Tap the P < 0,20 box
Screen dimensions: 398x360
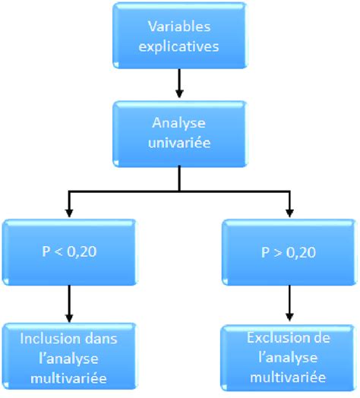(x=69, y=251)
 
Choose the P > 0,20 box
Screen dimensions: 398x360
(x=289, y=251)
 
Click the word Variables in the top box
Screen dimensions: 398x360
(x=179, y=26)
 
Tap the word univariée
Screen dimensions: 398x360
(x=179, y=143)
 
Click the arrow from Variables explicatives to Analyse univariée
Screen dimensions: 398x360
(x=179, y=84)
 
